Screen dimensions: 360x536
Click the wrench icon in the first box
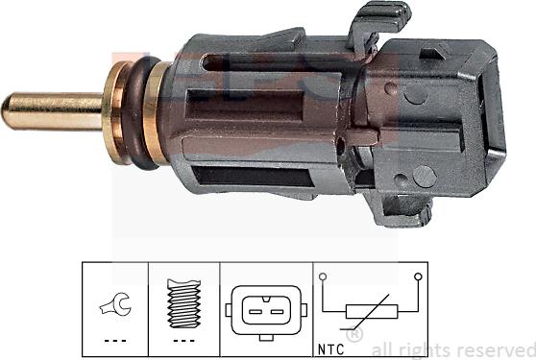tap(112, 308)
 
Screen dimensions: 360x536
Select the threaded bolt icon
tap(183, 304)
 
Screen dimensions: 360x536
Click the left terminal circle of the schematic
tap(325, 278)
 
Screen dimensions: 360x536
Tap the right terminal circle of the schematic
tap(418, 278)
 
